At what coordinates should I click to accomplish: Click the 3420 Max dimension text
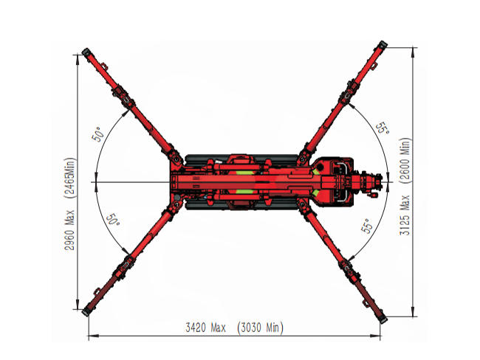pyautogui.click(x=206, y=328)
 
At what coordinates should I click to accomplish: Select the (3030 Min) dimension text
pyautogui.click(x=261, y=328)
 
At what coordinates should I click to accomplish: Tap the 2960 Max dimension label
pyautogui.click(x=70, y=229)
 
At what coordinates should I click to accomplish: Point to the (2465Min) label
pyautogui.click(x=70, y=178)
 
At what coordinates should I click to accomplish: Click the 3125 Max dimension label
pyautogui.click(x=405, y=215)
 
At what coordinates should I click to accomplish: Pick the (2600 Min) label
pyautogui.click(x=405, y=161)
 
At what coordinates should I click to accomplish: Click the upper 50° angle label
pyautogui.click(x=98, y=134)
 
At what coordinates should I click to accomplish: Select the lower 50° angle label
pyautogui.click(x=113, y=220)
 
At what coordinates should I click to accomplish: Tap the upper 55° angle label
pyautogui.click(x=383, y=128)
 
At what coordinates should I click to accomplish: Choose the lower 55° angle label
pyautogui.click(x=367, y=226)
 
